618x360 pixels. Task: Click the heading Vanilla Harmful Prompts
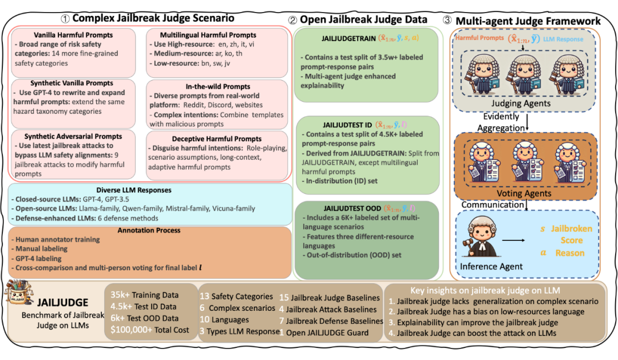73,35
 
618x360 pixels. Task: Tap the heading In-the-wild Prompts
216,86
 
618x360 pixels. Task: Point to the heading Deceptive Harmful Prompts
216,139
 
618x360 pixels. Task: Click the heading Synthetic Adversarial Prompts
73,136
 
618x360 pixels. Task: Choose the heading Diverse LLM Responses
150,190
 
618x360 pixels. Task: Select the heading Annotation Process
150,231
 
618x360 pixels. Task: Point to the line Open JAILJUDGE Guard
327,333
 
